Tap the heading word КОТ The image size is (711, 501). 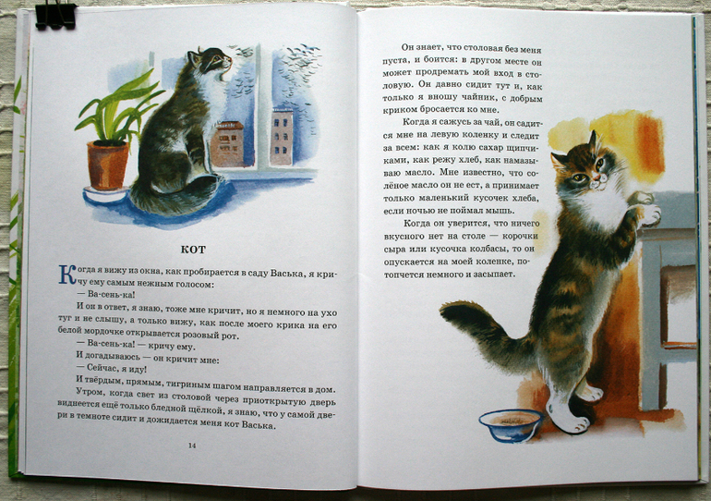coord(193,250)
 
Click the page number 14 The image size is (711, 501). coord(192,446)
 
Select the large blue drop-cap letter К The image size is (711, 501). coord(67,275)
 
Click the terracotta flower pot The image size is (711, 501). coord(108,165)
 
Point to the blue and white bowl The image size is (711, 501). coord(511,426)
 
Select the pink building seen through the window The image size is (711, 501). coord(227,143)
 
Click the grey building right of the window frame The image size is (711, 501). coord(282,136)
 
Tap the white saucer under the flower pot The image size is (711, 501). coord(105,194)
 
